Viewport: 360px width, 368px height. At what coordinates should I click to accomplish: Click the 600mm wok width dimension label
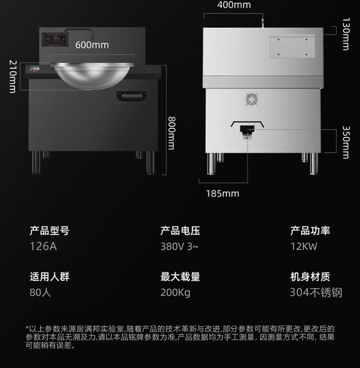(x=92, y=45)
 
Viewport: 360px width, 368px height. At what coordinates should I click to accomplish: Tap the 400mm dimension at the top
(x=234, y=5)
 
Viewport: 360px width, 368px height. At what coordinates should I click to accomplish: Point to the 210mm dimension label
(x=13, y=76)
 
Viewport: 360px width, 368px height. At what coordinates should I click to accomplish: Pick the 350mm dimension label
(x=346, y=142)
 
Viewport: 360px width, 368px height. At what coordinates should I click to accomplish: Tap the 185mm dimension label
(x=222, y=193)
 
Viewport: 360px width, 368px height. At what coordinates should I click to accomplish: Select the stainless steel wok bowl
(x=92, y=74)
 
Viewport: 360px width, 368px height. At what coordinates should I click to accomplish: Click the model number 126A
(x=43, y=247)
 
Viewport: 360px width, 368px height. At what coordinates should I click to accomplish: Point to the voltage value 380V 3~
(x=179, y=247)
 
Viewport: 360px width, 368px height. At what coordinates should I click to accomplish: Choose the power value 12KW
(x=303, y=247)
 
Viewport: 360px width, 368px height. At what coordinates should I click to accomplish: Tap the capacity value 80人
(x=40, y=292)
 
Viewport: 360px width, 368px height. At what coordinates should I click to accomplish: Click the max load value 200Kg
(x=175, y=292)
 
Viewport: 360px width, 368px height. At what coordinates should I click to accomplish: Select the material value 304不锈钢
(x=316, y=292)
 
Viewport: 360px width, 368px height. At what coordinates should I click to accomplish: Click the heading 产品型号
(x=49, y=230)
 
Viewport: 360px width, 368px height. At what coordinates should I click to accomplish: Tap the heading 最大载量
(x=180, y=276)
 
